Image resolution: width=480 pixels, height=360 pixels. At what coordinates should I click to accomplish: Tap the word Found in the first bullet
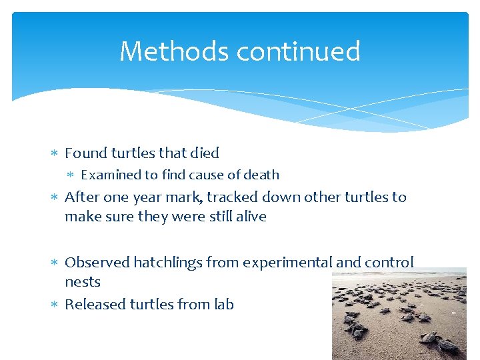pos(86,153)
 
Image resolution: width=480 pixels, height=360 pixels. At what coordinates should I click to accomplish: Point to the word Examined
pos(111,175)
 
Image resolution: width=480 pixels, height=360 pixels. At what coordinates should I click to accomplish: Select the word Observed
pos(97,262)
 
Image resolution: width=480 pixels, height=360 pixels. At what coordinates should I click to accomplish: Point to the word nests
pos(82,282)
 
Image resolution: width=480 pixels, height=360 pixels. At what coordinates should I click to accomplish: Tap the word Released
pos(95,304)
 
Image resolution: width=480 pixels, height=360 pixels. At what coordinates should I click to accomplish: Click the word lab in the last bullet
pos(224,304)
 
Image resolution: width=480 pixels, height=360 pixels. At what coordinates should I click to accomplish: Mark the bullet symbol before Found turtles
pos(55,153)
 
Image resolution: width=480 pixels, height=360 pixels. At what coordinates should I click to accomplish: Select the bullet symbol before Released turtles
pos(55,305)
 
